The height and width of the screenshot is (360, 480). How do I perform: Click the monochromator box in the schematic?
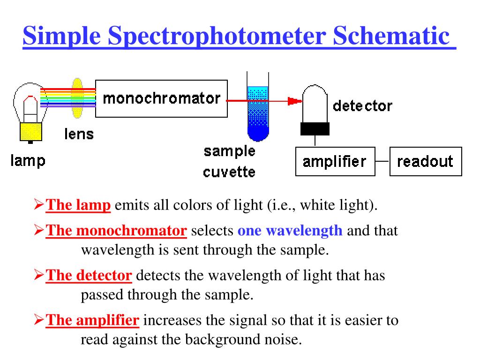click(x=161, y=98)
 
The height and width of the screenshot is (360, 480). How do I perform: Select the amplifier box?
click(x=335, y=162)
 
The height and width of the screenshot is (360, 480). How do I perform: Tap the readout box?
click(x=425, y=162)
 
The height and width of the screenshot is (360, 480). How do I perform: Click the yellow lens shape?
click(x=77, y=98)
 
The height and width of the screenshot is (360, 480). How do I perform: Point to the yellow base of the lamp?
click(x=31, y=130)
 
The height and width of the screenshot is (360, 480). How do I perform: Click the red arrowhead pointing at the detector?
click(x=294, y=100)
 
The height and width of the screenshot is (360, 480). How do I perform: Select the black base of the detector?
click(x=315, y=128)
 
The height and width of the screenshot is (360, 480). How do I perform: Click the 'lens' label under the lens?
click(x=79, y=134)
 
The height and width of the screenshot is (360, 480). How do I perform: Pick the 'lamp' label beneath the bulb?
click(x=28, y=161)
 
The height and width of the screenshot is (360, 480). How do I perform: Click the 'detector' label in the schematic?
click(x=362, y=105)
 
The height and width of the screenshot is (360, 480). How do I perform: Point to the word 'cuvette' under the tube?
click(x=229, y=172)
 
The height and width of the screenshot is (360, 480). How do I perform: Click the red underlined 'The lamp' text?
click(x=79, y=205)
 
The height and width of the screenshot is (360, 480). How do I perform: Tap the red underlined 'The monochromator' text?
click(x=117, y=231)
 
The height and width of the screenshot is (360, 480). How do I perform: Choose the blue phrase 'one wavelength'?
click(x=290, y=231)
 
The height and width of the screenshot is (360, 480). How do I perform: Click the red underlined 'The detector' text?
click(x=89, y=275)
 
